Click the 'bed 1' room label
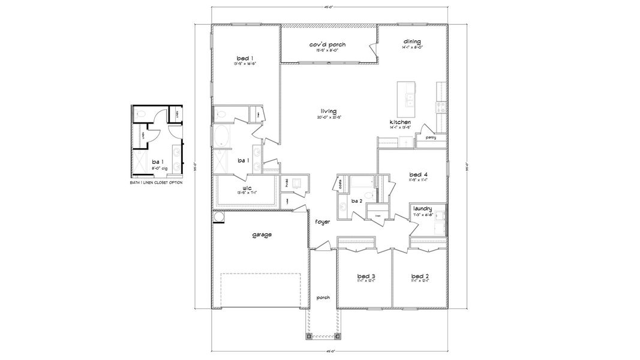click(x=243, y=58)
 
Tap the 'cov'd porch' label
click(x=327, y=45)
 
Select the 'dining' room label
click(x=411, y=41)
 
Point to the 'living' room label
click(x=328, y=111)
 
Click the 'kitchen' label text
click(x=400, y=122)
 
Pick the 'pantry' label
click(x=431, y=137)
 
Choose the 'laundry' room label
click(x=423, y=208)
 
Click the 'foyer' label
click(x=323, y=222)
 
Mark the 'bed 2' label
click(x=419, y=276)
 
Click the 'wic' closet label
click(x=247, y=188)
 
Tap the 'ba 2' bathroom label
click(x=357, y=201)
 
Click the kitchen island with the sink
click(x=408, y=98)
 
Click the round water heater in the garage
click(x=219, y=217)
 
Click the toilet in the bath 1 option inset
click(x=139, y=112)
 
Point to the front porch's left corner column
click(x=309, y=336)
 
